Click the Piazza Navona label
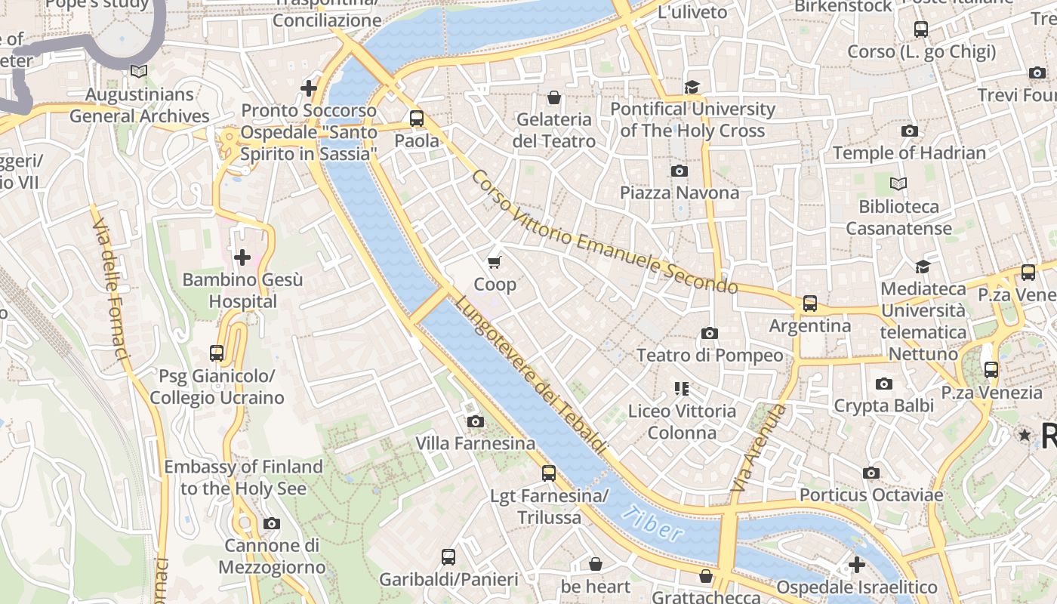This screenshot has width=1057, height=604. point(679,193)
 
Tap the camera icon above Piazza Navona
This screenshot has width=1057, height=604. point(679,171)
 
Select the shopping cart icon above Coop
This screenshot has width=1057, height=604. point(495,263)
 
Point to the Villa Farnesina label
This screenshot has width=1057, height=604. point(476,443)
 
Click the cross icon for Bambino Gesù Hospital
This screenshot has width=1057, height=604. point(242,258)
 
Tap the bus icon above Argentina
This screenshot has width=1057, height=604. point(810,304)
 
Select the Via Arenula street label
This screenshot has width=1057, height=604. point(759,449)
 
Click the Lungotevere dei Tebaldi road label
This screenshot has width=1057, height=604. point(532,374)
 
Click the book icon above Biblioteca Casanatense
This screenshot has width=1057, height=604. point(898,183)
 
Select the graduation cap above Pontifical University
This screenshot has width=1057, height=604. point(692,88)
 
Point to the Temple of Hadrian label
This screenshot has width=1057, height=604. point(909,153)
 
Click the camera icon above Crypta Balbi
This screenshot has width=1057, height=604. point(884,384)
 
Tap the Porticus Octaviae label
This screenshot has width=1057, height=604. point(871,495)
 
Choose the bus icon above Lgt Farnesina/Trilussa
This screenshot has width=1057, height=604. point(549,473)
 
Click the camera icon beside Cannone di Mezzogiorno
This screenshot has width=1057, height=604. point(272,523)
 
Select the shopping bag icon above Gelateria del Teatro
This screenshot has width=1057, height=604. point(554,97)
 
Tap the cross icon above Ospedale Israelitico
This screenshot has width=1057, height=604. point(857,565)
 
